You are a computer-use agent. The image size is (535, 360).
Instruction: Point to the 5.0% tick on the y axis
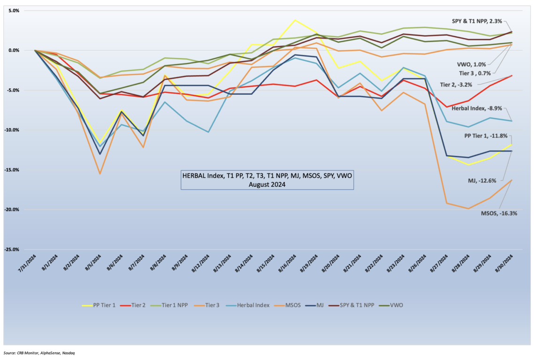[x=13, y=10]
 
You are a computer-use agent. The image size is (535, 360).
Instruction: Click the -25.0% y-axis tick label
[x=10, y=249]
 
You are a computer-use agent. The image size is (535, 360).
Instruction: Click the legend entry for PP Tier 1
[x=99, y=305]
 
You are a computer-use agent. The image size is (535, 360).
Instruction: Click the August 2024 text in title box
[x=267, y=184]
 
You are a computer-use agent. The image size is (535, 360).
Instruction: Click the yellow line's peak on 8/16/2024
[x=295, y=20]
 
